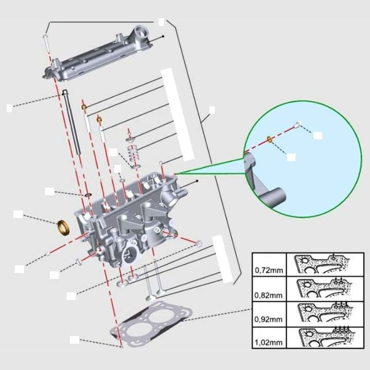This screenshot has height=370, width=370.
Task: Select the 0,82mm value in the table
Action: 267,295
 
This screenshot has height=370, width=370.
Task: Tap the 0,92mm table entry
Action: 267,319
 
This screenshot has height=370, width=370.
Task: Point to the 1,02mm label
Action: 267,342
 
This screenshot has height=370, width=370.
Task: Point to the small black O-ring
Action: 88,195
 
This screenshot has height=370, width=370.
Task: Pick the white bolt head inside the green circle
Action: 297,124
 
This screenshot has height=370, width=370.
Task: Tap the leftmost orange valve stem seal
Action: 84,107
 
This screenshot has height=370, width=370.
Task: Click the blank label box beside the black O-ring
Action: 49,191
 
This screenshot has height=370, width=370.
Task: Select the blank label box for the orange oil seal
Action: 17,214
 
